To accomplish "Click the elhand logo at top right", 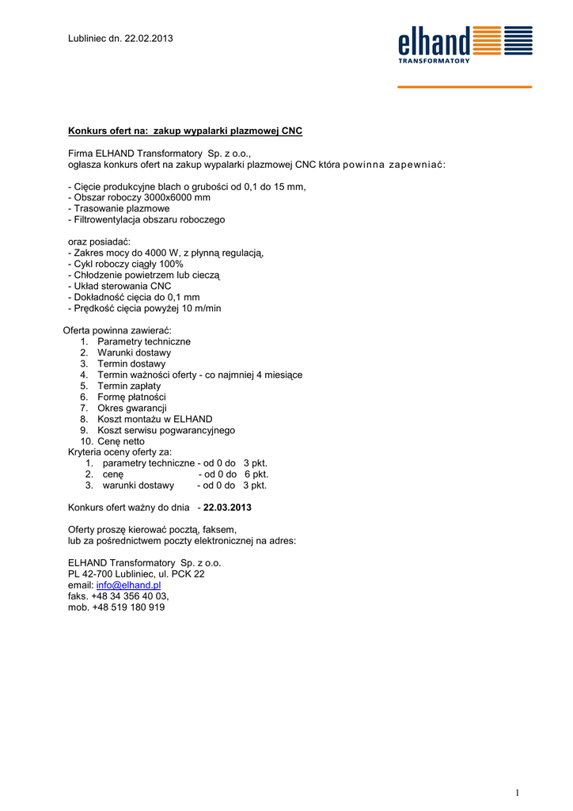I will pos(465,44).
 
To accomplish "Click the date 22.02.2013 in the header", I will pos(149,38).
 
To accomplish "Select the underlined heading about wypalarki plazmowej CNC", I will pos(185,131).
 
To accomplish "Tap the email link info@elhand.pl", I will pos(128,584).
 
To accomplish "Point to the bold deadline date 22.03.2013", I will pos(228,507).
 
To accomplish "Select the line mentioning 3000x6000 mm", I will pos(139,197).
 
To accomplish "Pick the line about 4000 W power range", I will pos(166,253).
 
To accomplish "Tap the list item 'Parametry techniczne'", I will pos(143,341).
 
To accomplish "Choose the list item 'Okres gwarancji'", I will pos(132,408).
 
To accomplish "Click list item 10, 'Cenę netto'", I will pos(121,441).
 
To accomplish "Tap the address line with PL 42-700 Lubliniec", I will pos(136,573).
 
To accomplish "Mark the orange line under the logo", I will pos(465,86).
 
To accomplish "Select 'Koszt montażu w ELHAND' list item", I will pos(154,419).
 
